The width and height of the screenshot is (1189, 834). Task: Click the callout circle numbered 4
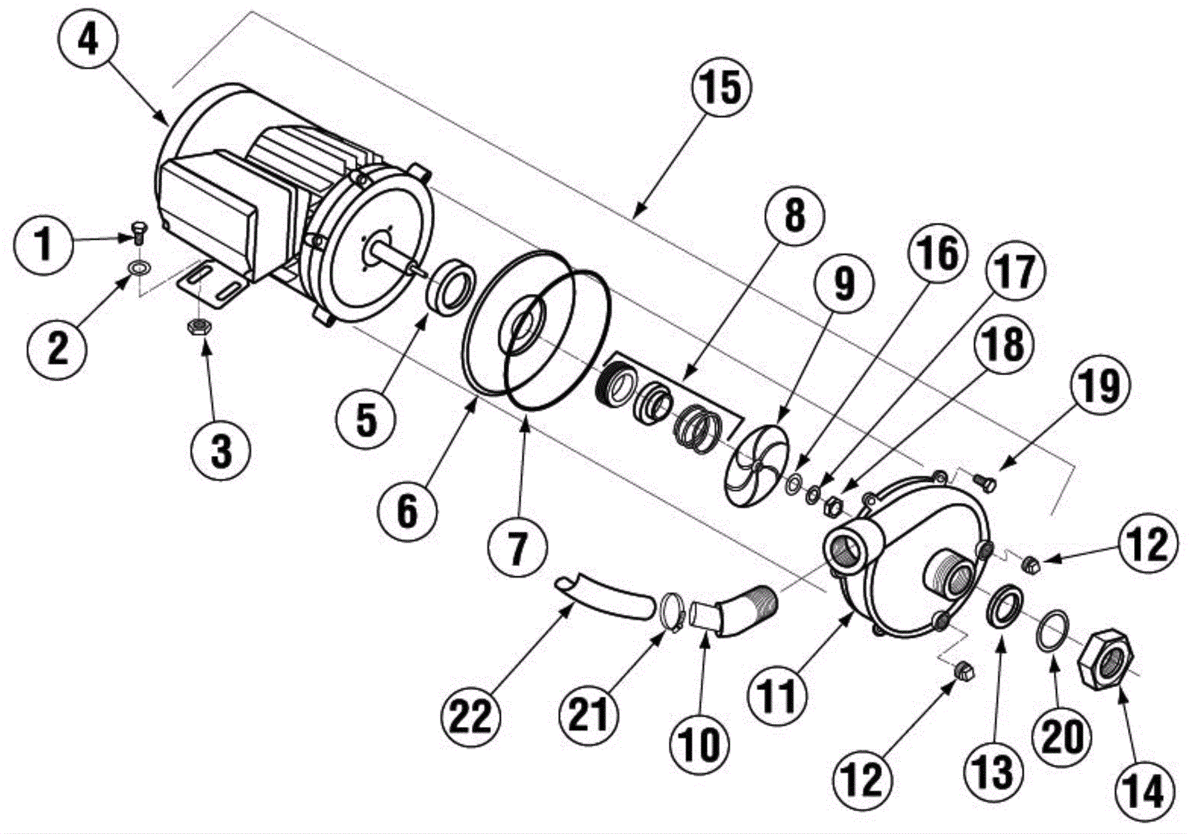click(88, 40)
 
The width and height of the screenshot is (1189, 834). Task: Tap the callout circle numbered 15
click(722, 88)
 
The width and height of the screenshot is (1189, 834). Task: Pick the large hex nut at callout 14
click(1105, 658)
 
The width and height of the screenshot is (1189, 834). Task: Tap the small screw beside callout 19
click(985, 480)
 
